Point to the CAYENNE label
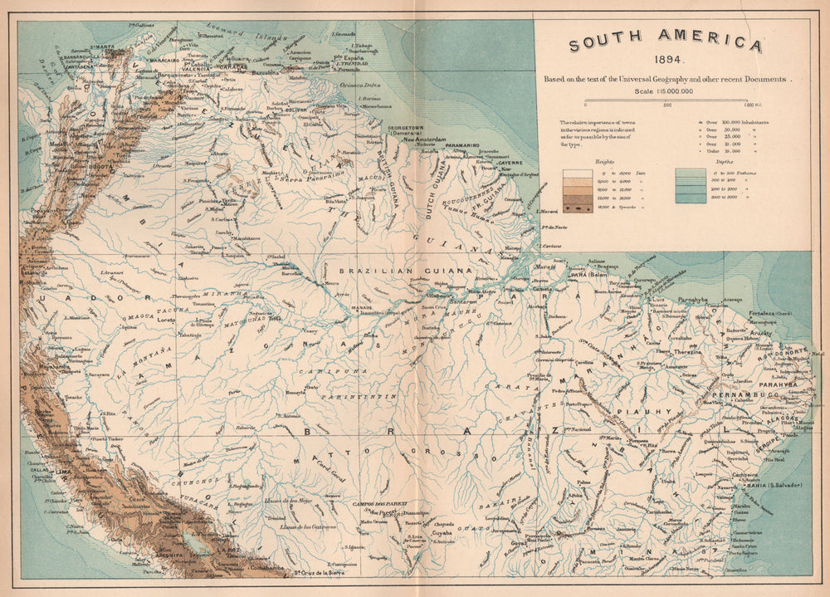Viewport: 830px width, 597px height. point(510,162)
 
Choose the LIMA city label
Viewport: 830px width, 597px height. point(62,470)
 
